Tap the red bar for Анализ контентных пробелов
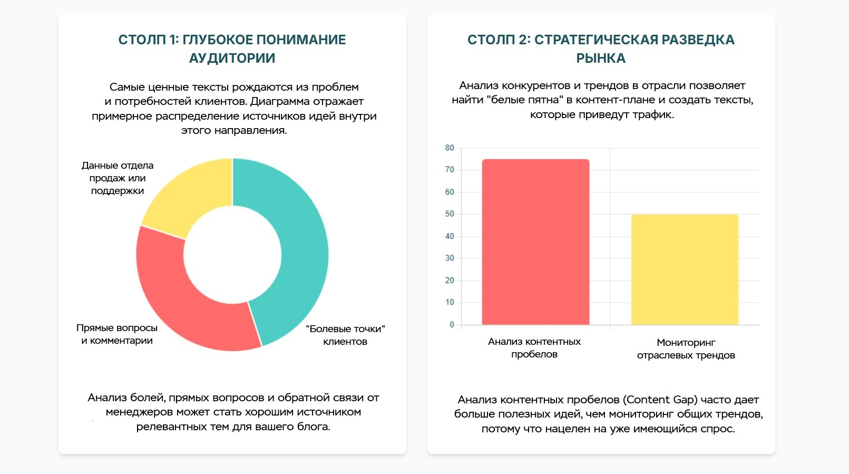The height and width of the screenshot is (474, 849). [x=535, y=243]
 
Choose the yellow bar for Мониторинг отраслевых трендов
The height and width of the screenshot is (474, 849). [x=685, y=269]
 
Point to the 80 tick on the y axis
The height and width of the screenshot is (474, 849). [x=450, y=148]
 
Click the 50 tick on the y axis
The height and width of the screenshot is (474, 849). [x=450, y=214]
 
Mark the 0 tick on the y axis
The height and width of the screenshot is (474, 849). [x=452, y=325]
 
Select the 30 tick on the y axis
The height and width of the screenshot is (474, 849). [x=450, y=258]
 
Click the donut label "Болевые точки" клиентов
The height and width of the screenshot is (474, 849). [x=345, y=335]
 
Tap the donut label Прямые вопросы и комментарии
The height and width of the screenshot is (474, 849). [x=117, y=334]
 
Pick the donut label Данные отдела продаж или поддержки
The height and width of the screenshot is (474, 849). [x=118, y=178]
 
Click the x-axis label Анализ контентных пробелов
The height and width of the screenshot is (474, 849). [x=534, y=348]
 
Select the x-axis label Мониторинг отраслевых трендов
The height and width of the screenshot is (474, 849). [x=686, y=349]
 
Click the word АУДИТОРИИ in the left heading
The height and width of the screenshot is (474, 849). [x=232, y=58]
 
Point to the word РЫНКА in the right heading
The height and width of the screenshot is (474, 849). [x=601, y=58]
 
